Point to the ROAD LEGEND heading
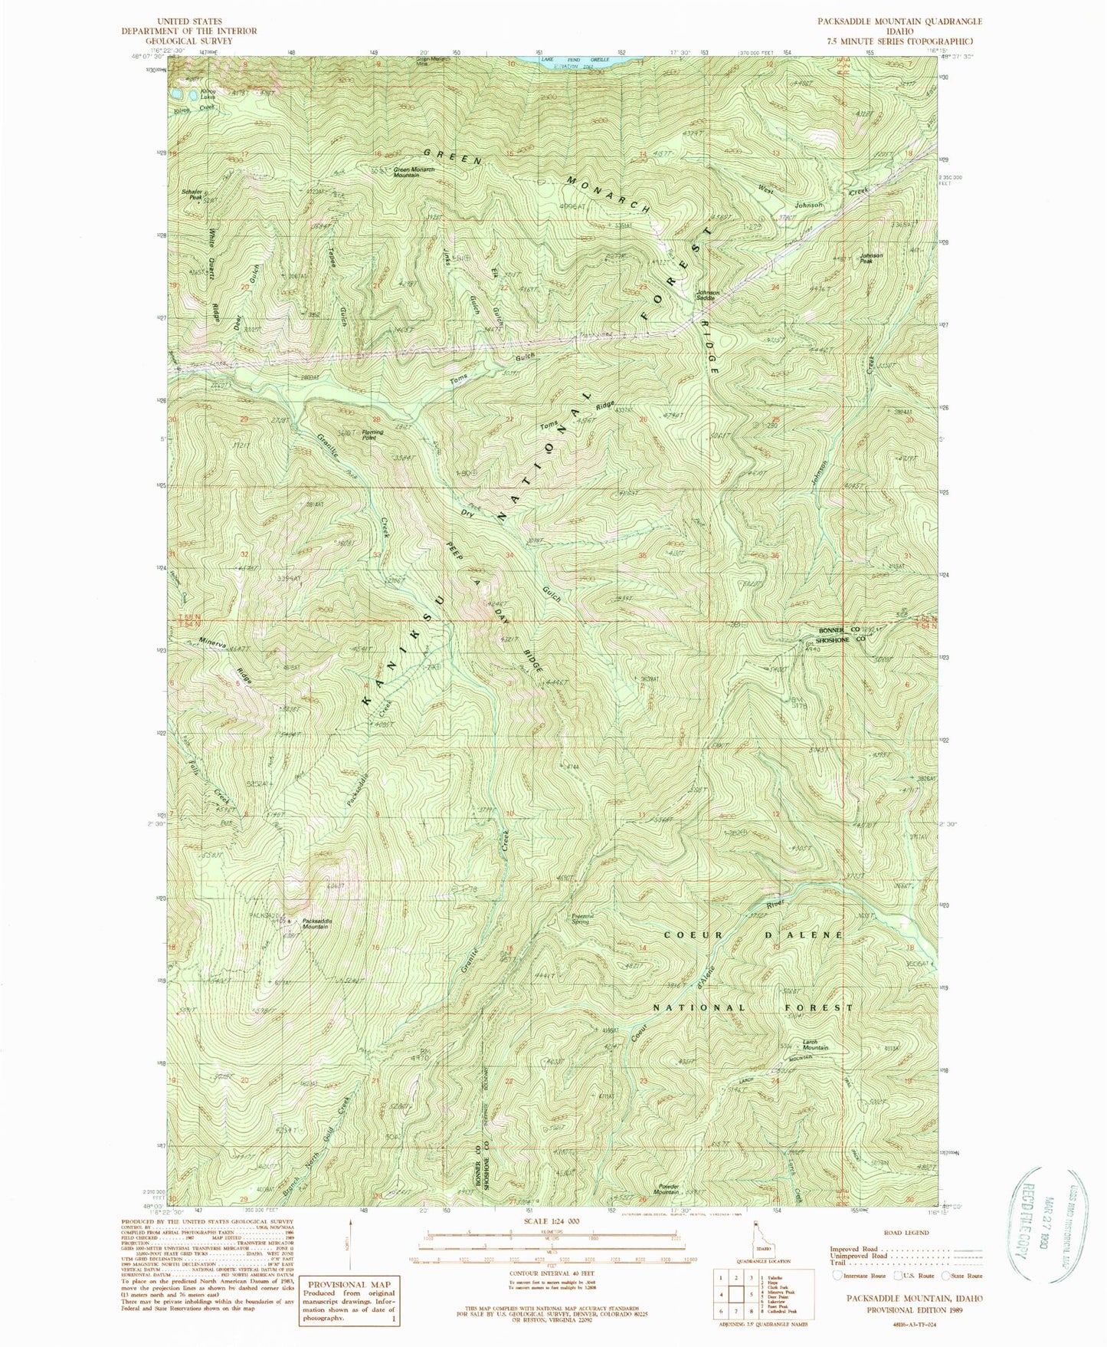907,1233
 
